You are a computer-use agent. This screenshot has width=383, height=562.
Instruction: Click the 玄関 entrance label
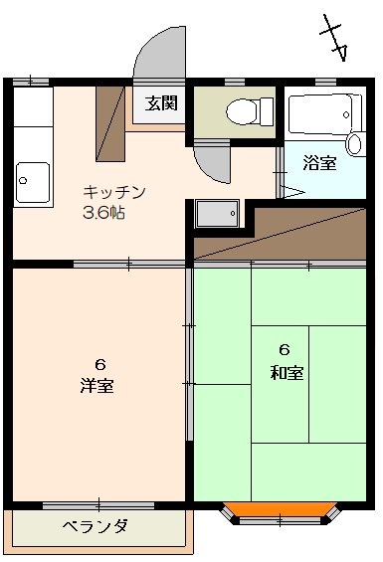161,103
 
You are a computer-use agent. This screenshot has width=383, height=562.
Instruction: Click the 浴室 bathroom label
319,163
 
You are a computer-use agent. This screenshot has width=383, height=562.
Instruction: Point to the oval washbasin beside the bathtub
355,143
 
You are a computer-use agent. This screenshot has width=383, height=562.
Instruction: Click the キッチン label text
114,192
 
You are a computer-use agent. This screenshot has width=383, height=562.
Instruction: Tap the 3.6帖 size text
104,213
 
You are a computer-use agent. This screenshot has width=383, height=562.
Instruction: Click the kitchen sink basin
33,182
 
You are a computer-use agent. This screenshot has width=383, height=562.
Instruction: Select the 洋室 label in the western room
97,386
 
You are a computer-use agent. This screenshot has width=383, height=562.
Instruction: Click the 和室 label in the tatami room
287,372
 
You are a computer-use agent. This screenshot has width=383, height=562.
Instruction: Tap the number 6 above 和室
285,350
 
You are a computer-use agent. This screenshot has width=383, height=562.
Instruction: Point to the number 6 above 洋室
100,365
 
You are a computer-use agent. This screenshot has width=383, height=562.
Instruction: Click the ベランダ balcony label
96,526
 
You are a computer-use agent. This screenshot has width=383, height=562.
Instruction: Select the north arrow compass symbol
334,38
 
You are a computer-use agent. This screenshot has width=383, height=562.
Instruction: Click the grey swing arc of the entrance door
159,52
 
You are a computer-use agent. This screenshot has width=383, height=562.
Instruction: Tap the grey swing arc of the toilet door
212,163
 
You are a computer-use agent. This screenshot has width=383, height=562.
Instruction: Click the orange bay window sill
280,509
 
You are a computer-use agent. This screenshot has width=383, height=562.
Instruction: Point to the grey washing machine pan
217,214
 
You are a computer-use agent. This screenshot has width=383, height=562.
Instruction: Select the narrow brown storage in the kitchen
110,123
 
